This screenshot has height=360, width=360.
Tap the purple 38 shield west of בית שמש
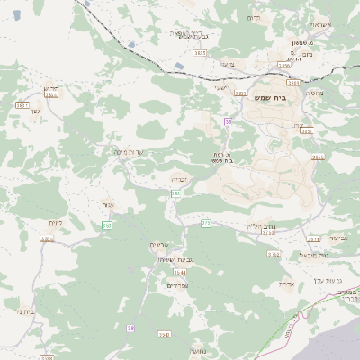click(x=229, y=121)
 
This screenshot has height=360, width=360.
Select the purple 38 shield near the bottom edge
click(x=130, y=328)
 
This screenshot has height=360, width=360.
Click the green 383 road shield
click(x=107, y=224)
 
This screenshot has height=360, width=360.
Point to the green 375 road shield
click(x=205, y=222)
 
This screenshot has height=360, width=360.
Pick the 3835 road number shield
click(x=199, y=53)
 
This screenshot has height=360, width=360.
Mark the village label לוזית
click(x=55, y=221)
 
